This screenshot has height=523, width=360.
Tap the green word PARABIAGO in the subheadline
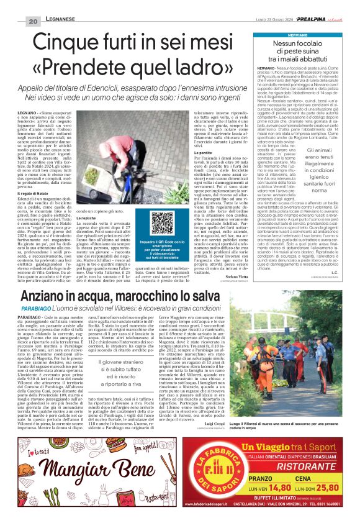point(51,316)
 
